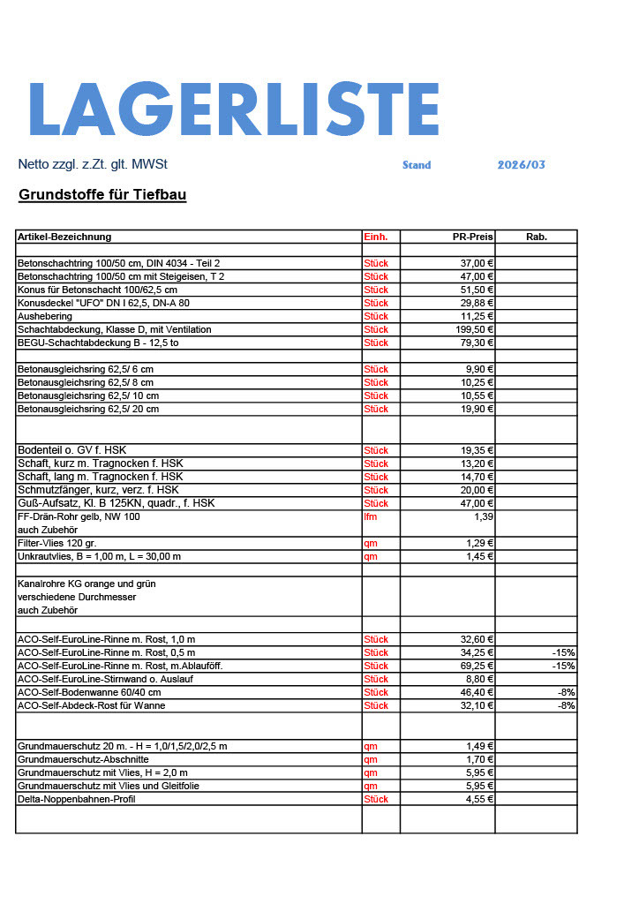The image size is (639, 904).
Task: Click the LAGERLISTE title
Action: pos(234,109)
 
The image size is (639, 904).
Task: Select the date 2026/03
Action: pos(522,165)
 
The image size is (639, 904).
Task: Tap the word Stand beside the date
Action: pos(417,165)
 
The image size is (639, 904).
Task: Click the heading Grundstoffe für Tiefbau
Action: pos(102,194)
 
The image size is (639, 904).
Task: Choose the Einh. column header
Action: pos(376,237)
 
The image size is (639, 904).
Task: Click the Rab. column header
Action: pos(537,237)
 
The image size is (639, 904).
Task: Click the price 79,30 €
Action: pos(474,343)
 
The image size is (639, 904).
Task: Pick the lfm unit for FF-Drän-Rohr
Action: pos(371,516)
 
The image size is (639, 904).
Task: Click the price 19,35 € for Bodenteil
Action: pos(474,450)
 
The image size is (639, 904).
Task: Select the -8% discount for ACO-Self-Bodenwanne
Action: pos(566,692)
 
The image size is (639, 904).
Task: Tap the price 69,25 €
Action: pos(474,666)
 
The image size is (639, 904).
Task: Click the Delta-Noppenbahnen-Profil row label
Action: pos(77,799)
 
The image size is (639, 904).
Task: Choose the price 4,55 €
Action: pos(477,799)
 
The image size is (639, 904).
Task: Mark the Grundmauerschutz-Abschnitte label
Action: pos(83,759)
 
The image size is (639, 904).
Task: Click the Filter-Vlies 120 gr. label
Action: pos(56,543)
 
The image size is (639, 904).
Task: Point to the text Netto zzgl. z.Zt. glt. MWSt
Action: pos(93,165)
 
